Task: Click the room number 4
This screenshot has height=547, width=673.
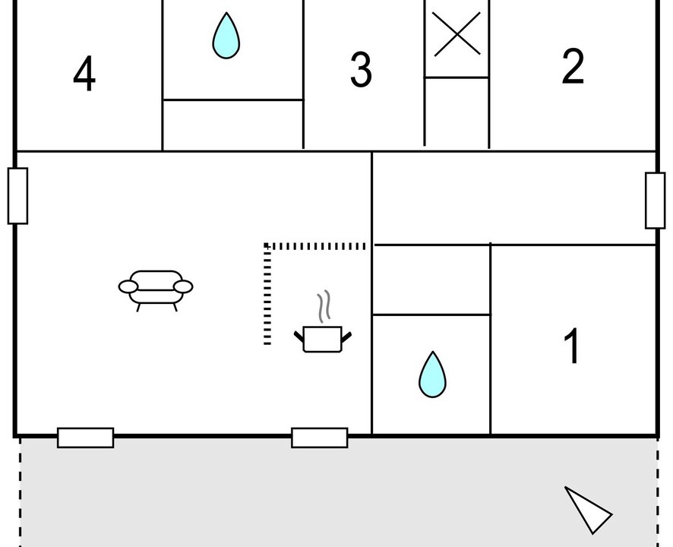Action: click(84, 73)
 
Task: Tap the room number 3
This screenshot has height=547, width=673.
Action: click(361, 69)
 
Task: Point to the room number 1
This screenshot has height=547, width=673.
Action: click(572, 346)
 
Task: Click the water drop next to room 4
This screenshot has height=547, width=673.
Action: click(226, 36)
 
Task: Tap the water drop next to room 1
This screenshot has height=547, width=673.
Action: click(433, 375)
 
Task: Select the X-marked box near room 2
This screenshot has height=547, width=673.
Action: click(457, 38)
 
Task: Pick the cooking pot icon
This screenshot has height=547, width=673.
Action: click(323, 339)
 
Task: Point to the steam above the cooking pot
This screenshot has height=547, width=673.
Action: click(324, 306)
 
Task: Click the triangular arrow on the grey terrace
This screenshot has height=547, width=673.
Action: click(588, 510)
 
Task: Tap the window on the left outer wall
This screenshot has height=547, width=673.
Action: click(17, 196)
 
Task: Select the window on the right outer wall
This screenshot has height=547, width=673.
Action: click(656, 201)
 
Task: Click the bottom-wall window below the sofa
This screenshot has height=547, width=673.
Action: click(85, 438)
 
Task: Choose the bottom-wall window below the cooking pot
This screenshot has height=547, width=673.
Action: click(320, 438)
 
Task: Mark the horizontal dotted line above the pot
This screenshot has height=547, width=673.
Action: click(315, 246)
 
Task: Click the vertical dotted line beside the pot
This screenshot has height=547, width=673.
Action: click(267, 294)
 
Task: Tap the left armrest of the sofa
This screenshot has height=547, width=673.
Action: click(128, 287)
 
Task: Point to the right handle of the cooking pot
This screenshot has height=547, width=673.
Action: click(346, 337)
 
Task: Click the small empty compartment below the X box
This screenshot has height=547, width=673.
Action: click(457, 112)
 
